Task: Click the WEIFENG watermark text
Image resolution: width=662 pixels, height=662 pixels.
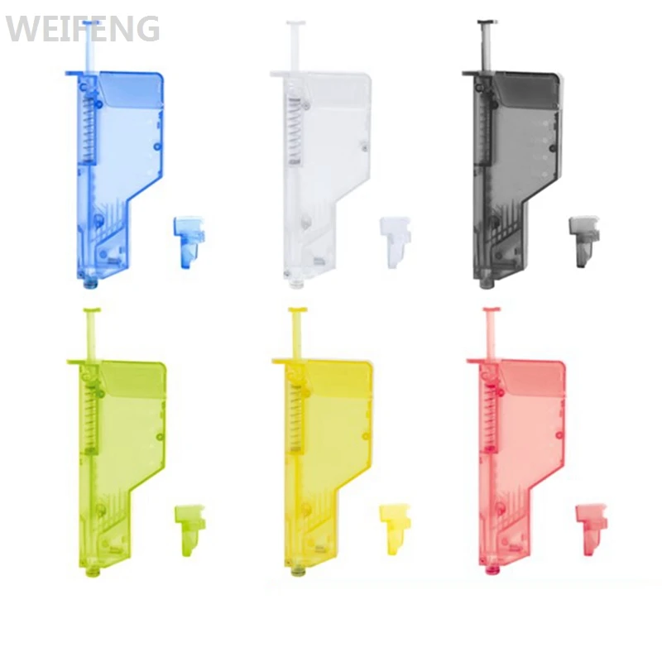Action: pyautogui.click(x=83, y=28)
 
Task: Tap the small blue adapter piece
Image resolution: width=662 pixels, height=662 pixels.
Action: pyautogui.click(x=189, y=242)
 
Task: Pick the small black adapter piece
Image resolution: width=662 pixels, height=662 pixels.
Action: pyautogui.click(x=584, y=241)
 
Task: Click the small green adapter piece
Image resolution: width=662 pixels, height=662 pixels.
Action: pyautogui.click(x=190, y=530)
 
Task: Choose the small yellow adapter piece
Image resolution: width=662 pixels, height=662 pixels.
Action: pyautogui.click(x=395, y=530)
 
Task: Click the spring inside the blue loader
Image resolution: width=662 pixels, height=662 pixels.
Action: pyautogui.click(x=89, y=132)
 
